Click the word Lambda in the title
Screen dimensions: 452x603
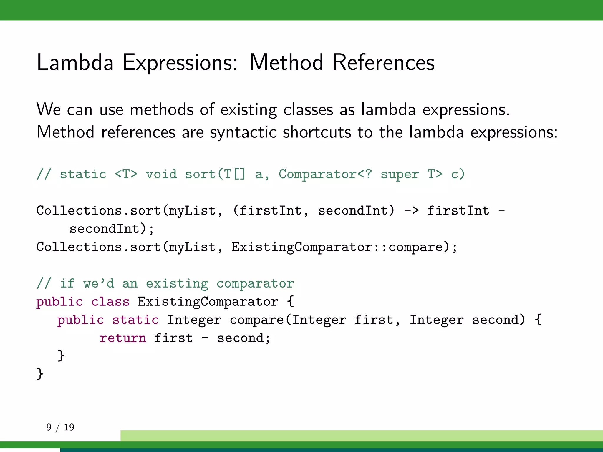75,62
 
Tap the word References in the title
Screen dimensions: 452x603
383,62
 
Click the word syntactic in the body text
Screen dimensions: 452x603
243,132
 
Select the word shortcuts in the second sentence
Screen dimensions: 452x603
317,132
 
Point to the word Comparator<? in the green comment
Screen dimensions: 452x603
325,174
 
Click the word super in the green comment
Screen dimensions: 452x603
400,174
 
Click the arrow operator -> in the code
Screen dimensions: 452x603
411,211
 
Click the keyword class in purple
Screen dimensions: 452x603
110,302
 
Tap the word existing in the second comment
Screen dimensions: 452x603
177,284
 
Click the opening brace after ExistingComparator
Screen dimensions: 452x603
290,302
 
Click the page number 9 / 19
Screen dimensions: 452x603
60,427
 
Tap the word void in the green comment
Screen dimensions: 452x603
161,174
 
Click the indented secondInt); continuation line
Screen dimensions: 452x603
111,229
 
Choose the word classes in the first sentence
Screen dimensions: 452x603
308,110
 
